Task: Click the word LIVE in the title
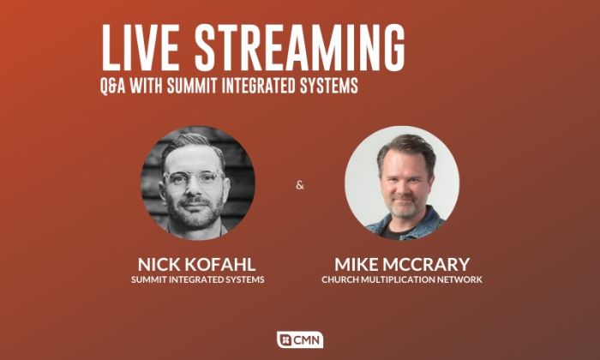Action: pyautogui.click(x=141, y=47)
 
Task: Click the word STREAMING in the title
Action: pyautogui.click(x=300, y=47)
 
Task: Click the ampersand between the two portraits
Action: pyautogui.click(x=300, y=185)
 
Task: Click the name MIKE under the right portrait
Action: pyautogui.click(x=356, y=264)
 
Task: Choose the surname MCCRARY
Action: pyautogui.click(x=426, y=264)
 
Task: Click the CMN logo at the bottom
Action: pyautogui.click(x=300, y=339)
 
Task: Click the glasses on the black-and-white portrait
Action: pyautogui.click(x=194, y=177)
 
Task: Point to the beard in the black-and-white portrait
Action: pyautogui.click(x=195, y=213)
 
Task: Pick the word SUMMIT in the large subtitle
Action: pyautogui.click(x=193, y=86)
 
